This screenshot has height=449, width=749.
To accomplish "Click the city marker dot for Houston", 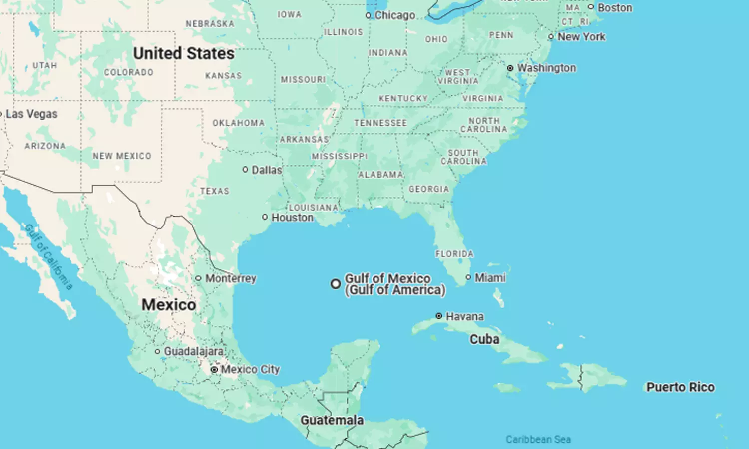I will (x=265, y=217).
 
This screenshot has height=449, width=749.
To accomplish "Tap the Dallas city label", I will (x=267, y=170).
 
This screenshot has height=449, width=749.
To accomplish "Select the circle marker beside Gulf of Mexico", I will (x=336, y=284).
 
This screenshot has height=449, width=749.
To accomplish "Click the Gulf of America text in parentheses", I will (x=395, y=290).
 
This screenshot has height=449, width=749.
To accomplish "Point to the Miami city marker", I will (x=468, y=277).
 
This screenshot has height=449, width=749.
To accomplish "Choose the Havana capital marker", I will (x=439, y=316).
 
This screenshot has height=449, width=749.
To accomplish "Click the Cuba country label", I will (x=484, y=339).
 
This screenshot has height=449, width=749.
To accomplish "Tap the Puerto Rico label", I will (x=680, y=387).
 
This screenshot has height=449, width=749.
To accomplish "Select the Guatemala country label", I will (x=332, y=420).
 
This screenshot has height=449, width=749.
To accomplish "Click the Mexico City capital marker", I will (x=214, y=370).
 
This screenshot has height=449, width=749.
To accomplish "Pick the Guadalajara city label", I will (x=194, y=351).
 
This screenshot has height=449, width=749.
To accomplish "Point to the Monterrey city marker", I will (x=198, y=278).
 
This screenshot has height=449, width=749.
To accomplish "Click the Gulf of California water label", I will (x=49, y=257).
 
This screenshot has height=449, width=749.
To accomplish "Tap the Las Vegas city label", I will (x=31, y=114).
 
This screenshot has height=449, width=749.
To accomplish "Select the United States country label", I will (x=183, y=53).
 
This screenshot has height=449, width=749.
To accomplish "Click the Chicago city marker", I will (x=368, y=16).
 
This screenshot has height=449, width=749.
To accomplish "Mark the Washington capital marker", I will (x=510, y=68).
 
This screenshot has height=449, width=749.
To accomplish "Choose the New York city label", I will (x=581, y=37).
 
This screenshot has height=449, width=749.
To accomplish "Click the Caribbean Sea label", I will (x=538, y=439).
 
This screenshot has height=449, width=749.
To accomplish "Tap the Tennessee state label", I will (x=380, y=123).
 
